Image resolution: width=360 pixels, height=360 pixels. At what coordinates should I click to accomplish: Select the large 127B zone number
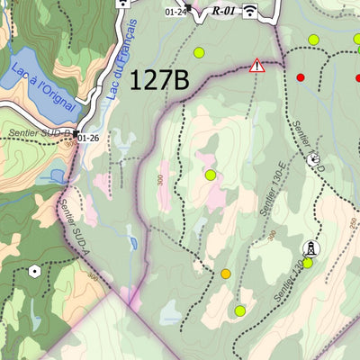159,80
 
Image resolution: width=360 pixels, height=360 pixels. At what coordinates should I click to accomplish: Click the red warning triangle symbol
258,65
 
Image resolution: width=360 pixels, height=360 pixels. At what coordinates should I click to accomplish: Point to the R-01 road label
223,11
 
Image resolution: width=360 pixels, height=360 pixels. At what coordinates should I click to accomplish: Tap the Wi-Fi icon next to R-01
249,11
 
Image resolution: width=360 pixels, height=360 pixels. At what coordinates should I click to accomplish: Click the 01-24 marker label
176,12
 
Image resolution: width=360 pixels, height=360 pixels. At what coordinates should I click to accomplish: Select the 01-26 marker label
88,138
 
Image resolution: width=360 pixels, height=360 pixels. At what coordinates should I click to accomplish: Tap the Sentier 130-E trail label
271,194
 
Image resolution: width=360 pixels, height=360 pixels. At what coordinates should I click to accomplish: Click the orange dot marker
226,274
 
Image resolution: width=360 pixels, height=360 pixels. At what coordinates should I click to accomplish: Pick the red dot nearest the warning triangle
301,77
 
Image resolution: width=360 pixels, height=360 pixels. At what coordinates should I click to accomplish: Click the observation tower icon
310,247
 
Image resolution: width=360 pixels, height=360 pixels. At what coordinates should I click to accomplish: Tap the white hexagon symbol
35,270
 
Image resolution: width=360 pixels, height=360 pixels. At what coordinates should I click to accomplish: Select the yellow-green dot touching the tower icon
308,263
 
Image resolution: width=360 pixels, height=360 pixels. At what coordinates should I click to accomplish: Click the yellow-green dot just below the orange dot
239,310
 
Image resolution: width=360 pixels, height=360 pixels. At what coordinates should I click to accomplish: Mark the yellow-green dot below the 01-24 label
199,52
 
